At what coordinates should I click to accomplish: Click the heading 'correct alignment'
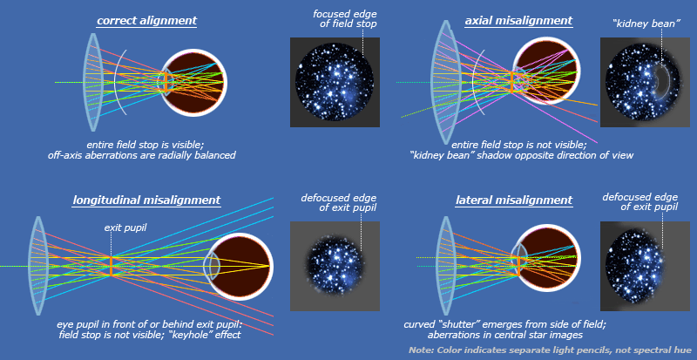(x=147, y=20)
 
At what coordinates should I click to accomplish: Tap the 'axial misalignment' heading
(x=518, y=20)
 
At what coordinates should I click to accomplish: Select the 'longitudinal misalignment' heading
(x=146, y=200)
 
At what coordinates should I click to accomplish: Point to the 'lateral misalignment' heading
(x=514, y=200)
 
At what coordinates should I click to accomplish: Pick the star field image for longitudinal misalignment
(x=335, y=265)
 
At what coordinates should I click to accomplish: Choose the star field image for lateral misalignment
(x=646, y=265)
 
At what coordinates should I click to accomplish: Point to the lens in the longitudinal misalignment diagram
(x=37, y=266)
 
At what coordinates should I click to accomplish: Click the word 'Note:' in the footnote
(x=422, y=350)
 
